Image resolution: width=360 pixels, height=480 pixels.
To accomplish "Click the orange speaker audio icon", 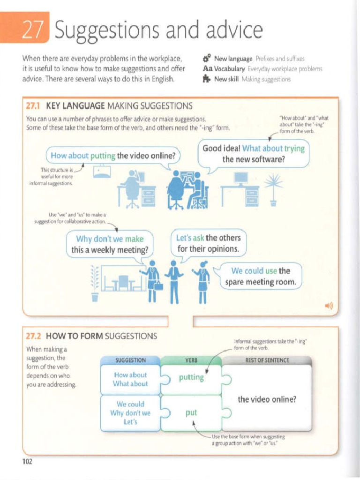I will pos(328,307).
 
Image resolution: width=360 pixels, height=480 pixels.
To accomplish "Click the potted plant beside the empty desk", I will pos(273,190).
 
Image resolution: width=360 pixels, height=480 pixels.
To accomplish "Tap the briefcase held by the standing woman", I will pos(158,285).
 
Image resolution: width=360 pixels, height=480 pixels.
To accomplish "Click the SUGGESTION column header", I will pos(130,360).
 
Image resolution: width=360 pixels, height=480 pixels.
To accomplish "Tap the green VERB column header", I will pos(191,360).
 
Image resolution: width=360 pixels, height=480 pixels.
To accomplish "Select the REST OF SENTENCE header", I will pos(267,360).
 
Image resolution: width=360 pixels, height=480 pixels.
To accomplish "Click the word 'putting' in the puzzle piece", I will pos(191,378).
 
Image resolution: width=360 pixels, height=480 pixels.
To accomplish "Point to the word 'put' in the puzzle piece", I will pos(191,412).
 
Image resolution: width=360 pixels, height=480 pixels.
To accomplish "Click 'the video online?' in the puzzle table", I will pos(267,399).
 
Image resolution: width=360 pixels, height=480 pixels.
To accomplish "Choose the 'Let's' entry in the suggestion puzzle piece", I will pos(130,421).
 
